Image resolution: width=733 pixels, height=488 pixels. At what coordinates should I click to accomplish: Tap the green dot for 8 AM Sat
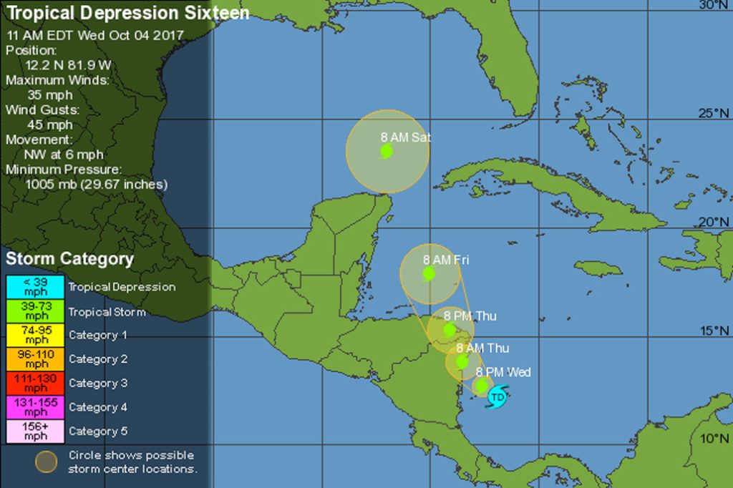coord(387,151)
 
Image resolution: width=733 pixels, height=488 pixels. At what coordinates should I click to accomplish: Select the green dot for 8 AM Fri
coord(429,273)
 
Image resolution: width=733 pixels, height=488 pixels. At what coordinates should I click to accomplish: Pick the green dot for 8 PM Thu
coord(450,330)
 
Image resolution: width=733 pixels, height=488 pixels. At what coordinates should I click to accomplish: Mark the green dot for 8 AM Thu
coord(462,361)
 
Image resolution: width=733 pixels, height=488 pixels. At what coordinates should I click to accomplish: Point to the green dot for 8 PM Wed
coord(482,385)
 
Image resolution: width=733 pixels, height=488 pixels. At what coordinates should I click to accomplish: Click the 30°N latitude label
coord(714,5)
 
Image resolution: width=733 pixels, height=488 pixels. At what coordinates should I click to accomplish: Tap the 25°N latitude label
coord(714,113)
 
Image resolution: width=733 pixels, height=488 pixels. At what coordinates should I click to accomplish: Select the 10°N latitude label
coord(714,438)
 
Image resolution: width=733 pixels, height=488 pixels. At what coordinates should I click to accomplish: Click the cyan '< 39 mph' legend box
coord(35,287)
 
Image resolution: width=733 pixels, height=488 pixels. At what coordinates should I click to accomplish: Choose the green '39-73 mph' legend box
coord(35,311)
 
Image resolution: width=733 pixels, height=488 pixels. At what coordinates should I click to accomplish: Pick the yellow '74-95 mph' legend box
coord(35,335)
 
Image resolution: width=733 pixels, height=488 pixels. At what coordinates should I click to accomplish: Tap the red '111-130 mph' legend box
coord(35,383)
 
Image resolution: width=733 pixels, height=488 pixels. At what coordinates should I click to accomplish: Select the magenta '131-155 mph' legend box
coord(35,407)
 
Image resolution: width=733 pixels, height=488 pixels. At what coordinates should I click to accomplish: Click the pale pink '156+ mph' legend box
coord(35,431)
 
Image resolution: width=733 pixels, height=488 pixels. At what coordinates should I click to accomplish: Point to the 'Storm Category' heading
coord(69,258)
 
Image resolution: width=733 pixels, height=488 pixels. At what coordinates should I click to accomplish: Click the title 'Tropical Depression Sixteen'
coord(127,14)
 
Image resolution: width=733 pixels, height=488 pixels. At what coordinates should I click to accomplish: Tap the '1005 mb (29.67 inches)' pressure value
coord(96,184)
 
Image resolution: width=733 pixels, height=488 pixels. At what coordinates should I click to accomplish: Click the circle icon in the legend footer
coord(47,462)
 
